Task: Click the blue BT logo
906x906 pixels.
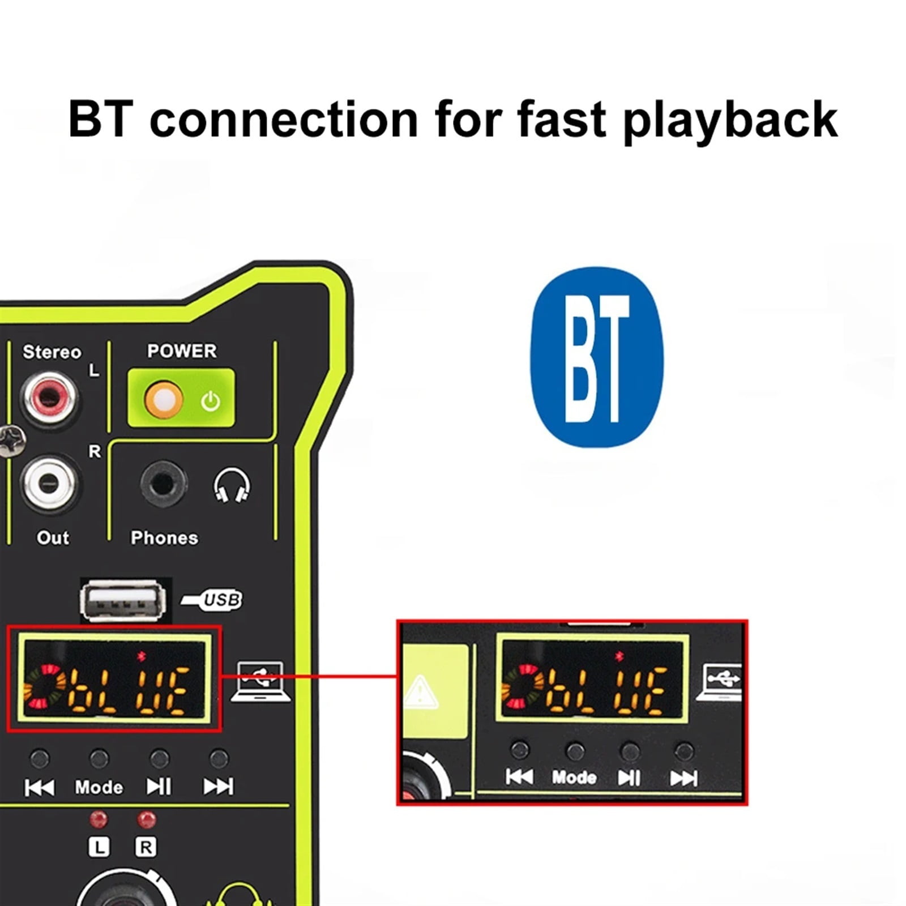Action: (x=596, y=357)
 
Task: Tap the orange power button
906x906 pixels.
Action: (x=164, y=399)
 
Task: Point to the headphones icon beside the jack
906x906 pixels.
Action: (x=232, y=485)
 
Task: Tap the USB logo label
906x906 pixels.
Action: (x=212, y=600)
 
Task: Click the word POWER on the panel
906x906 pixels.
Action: (x=182, y=351)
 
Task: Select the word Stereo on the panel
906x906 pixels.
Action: (x=52, y=352)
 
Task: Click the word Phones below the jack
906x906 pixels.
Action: (x=164, y=537)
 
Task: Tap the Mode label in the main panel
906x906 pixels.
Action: (x=99, y=787)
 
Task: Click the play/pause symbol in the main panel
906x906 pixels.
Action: (x=159, y=787)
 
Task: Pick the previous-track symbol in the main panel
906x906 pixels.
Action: (x=39, y=787)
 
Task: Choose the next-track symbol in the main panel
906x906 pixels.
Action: (x=218, y=787)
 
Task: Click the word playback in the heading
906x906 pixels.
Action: (x=730, y=120)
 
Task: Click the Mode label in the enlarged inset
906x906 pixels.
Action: (x=574, y=777)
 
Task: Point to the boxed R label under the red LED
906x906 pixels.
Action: (x=146, y=847)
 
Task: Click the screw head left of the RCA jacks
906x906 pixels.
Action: (x=11, y=441)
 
